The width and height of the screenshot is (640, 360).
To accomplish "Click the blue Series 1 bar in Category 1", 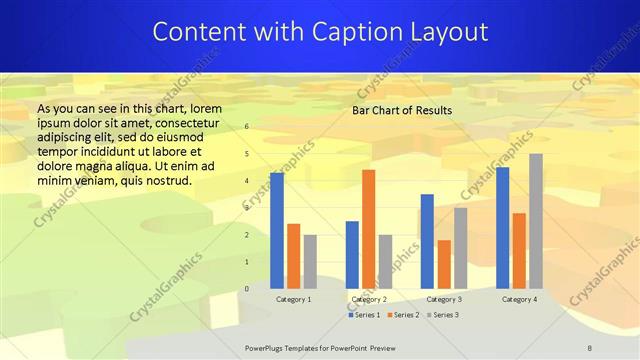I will pos(277,231).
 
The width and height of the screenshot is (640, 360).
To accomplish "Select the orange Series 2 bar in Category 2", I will pos(369,229).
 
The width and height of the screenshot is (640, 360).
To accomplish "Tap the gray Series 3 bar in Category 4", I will pos(536,221).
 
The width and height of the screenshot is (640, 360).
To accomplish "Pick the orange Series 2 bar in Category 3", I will pos(444,264).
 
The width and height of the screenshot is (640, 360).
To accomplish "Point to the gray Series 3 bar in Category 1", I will pos(310,262).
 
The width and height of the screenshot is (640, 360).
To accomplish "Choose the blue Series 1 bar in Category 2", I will pos(352,255).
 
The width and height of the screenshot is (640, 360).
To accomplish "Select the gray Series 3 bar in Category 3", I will pos(460,248).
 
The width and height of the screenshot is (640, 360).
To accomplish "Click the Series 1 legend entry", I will pos(364,315).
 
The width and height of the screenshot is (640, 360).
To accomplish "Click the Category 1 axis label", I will pos(293,299).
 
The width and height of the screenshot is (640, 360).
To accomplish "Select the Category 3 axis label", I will pos(444,299).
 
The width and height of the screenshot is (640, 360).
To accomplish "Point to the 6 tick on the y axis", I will pos(247,127).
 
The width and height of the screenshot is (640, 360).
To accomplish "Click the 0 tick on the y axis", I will pos(247,289).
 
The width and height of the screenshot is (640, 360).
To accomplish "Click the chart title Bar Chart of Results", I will pos(402,110).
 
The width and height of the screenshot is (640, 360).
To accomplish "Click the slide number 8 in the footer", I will pos(590,348).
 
